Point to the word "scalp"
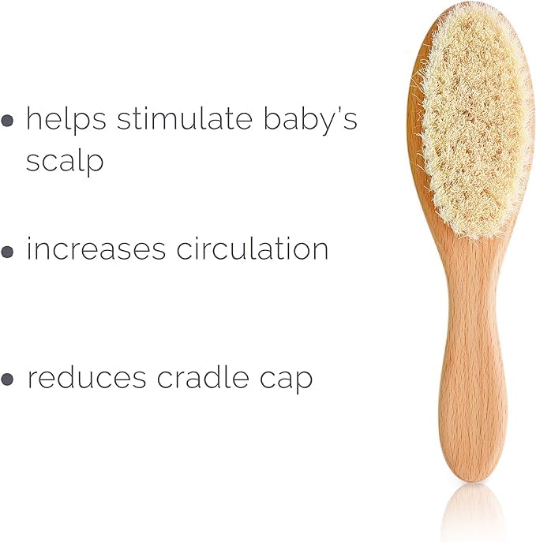tap(65, 160)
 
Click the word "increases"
tap(96, 249)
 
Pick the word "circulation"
tap(253, 249)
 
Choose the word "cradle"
tap(207, 378)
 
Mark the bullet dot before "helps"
tap(8, 122)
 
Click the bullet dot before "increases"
tap(8, 252)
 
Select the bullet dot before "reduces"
tap(8, 379)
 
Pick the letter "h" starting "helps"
tap(32, 119)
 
